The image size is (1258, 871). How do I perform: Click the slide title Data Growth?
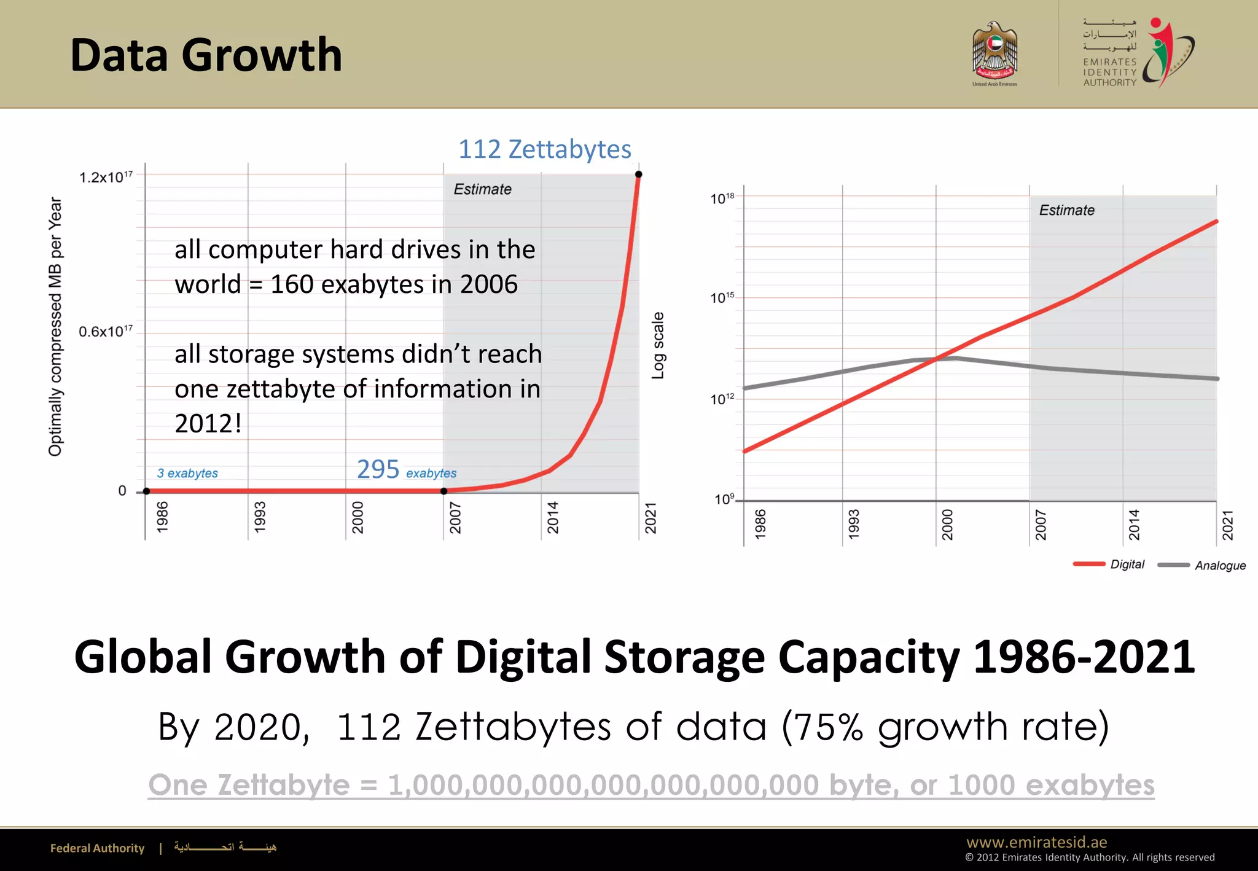coord(206,55)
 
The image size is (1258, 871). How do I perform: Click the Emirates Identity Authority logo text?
coord(1109,72)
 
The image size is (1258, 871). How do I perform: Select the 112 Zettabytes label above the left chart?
coord(545,149)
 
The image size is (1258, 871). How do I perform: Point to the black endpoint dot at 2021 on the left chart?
coord(638,174)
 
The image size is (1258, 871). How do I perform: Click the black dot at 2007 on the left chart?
coord(444,491)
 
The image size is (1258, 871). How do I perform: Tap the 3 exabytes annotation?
coord(187,473)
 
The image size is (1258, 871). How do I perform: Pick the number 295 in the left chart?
coord(378,469)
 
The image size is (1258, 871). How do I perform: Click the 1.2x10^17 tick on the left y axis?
coord(106,178)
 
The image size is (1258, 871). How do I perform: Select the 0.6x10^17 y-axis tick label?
coord(106,332)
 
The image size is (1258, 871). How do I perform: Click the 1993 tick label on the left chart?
coord(260,517)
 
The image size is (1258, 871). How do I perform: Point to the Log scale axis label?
coord(658,345)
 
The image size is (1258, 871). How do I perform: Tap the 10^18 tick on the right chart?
coord(722,198)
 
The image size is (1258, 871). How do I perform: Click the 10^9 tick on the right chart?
coord(724,499)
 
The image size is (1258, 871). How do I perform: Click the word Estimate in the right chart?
coord(1067,210)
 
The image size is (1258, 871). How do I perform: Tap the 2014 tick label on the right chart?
coord(1134,525)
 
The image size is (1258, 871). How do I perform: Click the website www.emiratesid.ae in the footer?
coord(1036,842)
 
